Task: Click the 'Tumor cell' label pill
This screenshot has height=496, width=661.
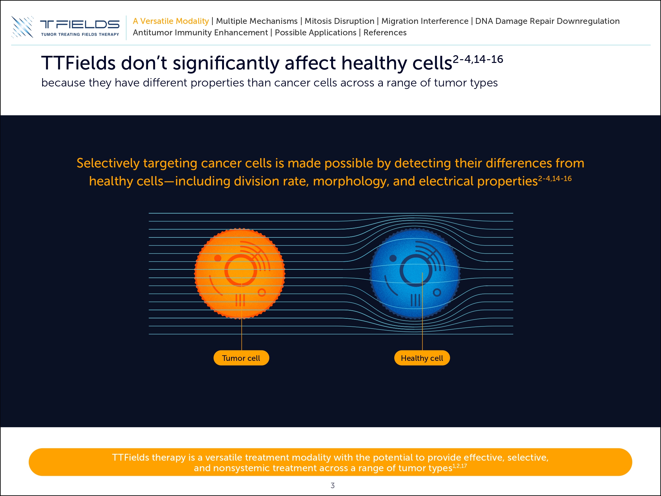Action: pyautogui.click(x=241, y=358)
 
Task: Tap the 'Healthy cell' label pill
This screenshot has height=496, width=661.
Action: pyautogui.click(x=422, y=358)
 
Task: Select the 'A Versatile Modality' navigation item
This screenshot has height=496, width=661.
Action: pyautogui.click(x=171, y=21)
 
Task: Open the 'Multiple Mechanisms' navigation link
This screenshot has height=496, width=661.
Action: pyautogui.click(x=257, y=21)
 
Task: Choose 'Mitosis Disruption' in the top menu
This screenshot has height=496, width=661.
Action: pyautogui.click(x=339, y=21)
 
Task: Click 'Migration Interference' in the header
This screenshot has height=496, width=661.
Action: pyautogui.click(x=425, y=21)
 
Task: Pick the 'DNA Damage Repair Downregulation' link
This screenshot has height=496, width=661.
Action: pyautogui.click(x=547, y=21)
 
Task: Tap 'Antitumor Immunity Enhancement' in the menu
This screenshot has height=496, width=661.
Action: pyautogui.click(x=200, y=33)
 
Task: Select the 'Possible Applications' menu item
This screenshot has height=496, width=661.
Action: pyautogui.click(x=316, y=33)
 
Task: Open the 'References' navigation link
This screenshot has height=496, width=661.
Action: pyautogui.click(x=385, y=33)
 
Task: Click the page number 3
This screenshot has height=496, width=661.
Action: pyautogui.click(x=333, y=485)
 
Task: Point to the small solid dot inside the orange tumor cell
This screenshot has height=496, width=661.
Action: pyautogui.click(x=218, y=258)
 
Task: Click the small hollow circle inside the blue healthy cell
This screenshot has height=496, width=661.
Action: pyautogui.click(x=437, y=292)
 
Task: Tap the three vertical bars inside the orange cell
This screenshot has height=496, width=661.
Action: pyautogui.click(x=240, y=300)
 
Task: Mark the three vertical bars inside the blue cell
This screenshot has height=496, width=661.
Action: pyautogui.click(x=415, y=300)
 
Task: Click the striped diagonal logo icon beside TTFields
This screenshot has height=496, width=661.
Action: pyautogui.click(x=22, y=27)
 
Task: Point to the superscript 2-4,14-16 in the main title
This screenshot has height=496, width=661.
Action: pyautogui.click(x=478, y=59)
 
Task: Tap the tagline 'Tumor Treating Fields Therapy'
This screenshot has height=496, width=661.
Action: pyautogui.click(x=80, y=34)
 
